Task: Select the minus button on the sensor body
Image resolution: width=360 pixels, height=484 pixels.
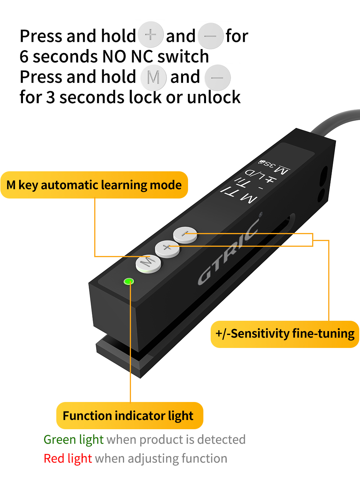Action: [x=185, y=233]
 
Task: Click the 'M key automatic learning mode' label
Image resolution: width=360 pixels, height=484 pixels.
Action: [x=94, y=185]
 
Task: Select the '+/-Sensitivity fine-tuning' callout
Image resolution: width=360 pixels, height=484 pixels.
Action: [x=285, y=334]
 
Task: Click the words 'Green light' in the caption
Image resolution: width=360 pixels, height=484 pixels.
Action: [x=74, y=439]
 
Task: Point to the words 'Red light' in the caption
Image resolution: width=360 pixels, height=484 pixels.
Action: [x=68, y=458]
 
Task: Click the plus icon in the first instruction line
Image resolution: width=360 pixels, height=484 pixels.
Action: [x=151, y=35]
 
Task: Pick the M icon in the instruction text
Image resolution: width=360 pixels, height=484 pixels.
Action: [x=153, y=77]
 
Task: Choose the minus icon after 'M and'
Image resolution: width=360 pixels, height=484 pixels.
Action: [x=218, y=77]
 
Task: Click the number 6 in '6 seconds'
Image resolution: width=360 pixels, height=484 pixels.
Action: [x=24, y=57]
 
